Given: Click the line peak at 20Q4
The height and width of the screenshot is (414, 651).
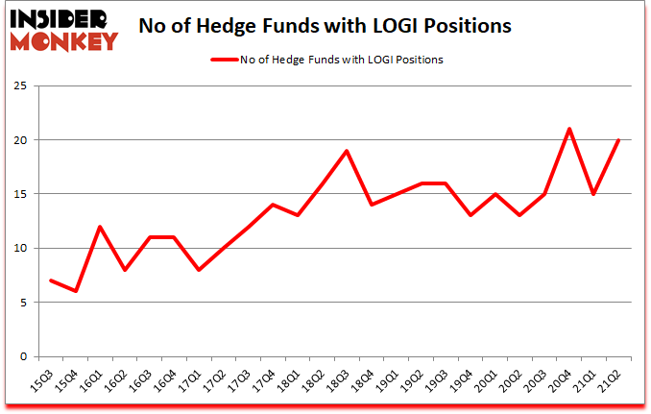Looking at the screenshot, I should (569, 129).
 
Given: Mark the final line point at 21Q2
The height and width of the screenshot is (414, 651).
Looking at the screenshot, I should (619, 140).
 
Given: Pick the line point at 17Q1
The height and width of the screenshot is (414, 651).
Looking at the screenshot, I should (198, 270).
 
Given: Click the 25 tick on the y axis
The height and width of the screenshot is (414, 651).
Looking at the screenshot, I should (30, 86).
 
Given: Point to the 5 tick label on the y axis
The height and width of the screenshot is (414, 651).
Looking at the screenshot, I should (33, 303).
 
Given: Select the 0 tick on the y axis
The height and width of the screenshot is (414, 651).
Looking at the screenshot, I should (33, 356).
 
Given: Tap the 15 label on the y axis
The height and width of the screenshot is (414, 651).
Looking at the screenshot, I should (30, 195).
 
